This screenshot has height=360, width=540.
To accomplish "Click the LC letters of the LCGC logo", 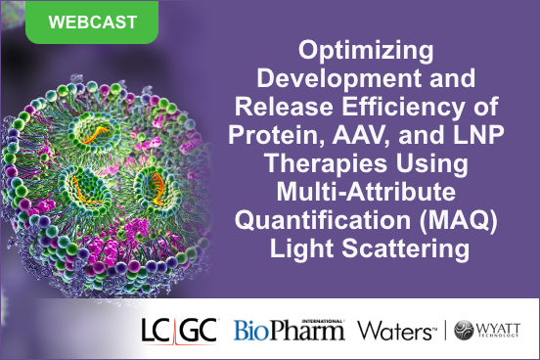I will click(x=157, y=329).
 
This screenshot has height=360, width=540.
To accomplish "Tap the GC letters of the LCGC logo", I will click(x=200, y=329).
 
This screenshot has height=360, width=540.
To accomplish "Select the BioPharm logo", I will click(x=289, y=329).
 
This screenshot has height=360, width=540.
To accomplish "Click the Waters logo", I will click(x=395, y=330).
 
